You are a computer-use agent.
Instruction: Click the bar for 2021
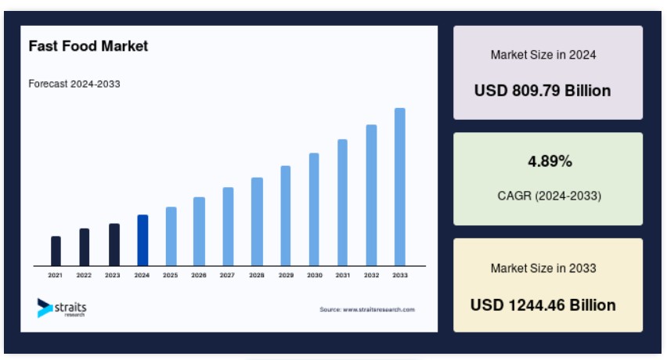coord(56,251)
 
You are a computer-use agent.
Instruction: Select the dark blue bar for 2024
coord(142,240)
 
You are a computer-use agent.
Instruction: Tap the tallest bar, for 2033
coord(400,187)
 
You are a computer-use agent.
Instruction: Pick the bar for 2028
coord(257,221)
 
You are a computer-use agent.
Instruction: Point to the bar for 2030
coord(314,210)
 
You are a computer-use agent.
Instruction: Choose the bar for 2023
coord(114,245)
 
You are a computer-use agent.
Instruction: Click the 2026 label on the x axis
coord(199,275)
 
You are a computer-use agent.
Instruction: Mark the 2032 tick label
coord(371,275)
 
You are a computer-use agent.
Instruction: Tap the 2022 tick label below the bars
coord(84,275)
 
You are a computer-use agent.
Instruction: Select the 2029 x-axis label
coord(286,275)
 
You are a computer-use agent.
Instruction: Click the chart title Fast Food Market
coord(88,46)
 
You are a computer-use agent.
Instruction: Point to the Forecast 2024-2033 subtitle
coord(74,84)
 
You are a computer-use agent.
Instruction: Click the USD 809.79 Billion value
coord(543,91)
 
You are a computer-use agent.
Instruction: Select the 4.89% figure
coord(550,161)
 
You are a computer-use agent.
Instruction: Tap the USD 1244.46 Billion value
coord(543,305)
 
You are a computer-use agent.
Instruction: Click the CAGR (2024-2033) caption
coord(549,196)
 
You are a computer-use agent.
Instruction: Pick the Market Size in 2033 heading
coord(543,268)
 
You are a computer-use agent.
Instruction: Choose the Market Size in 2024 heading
coord(543,55)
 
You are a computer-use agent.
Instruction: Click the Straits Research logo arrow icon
coord(45,308)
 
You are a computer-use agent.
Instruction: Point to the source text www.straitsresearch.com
coord(379,309)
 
